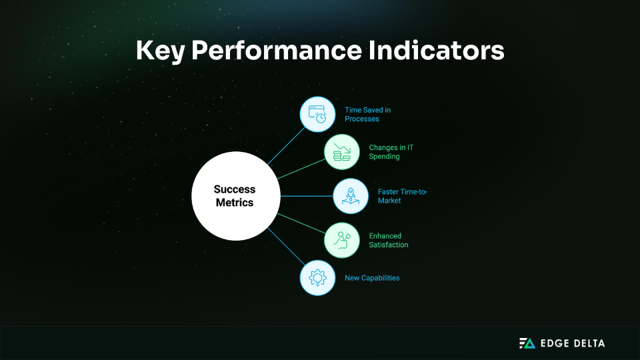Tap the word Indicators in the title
pos(443,51)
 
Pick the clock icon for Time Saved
pos(317,114)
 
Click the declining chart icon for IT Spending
pos(342,152)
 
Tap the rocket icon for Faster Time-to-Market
pos(351,196)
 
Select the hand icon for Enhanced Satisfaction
pos(342,240)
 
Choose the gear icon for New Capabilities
pos(317,278)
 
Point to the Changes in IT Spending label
pos(391,152)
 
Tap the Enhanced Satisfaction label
pos(389,240)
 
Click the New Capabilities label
pos(372,278)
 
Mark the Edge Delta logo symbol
pos(527,343)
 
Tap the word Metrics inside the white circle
pos(235,203)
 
